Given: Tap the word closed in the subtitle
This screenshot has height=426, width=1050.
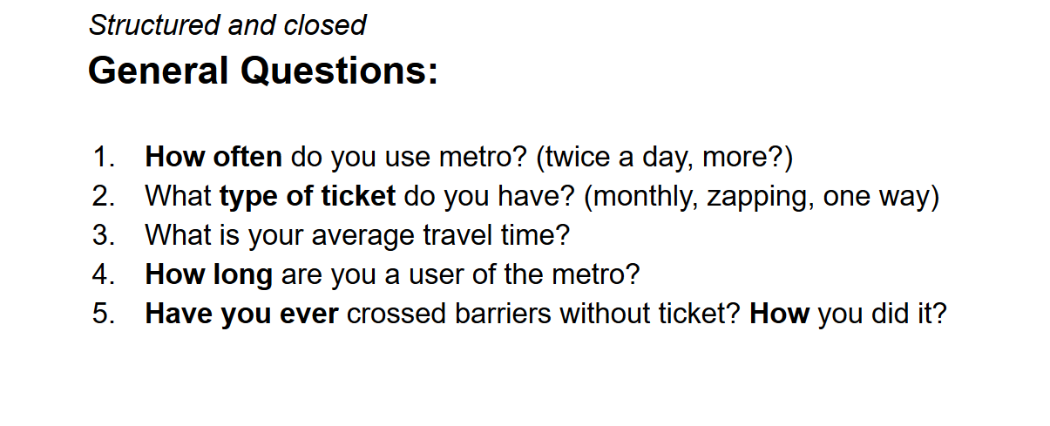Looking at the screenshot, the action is [x=325, y=25].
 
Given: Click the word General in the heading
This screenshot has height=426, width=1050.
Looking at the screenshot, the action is [x=158, y=71].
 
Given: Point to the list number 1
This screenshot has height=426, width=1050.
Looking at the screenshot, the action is [x=103, y=157].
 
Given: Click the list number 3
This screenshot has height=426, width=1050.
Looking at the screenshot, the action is [x=103, y=235].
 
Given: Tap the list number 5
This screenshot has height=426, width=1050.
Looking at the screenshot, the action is [x=103, y=313].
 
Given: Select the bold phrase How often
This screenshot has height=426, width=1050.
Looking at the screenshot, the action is [x=213, y=157].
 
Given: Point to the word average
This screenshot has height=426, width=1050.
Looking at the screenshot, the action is [x=362, y=236].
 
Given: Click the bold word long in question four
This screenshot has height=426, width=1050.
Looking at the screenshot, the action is [x=243, y=275].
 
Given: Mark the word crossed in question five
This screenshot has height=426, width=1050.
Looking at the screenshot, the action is [x=396, y=313].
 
